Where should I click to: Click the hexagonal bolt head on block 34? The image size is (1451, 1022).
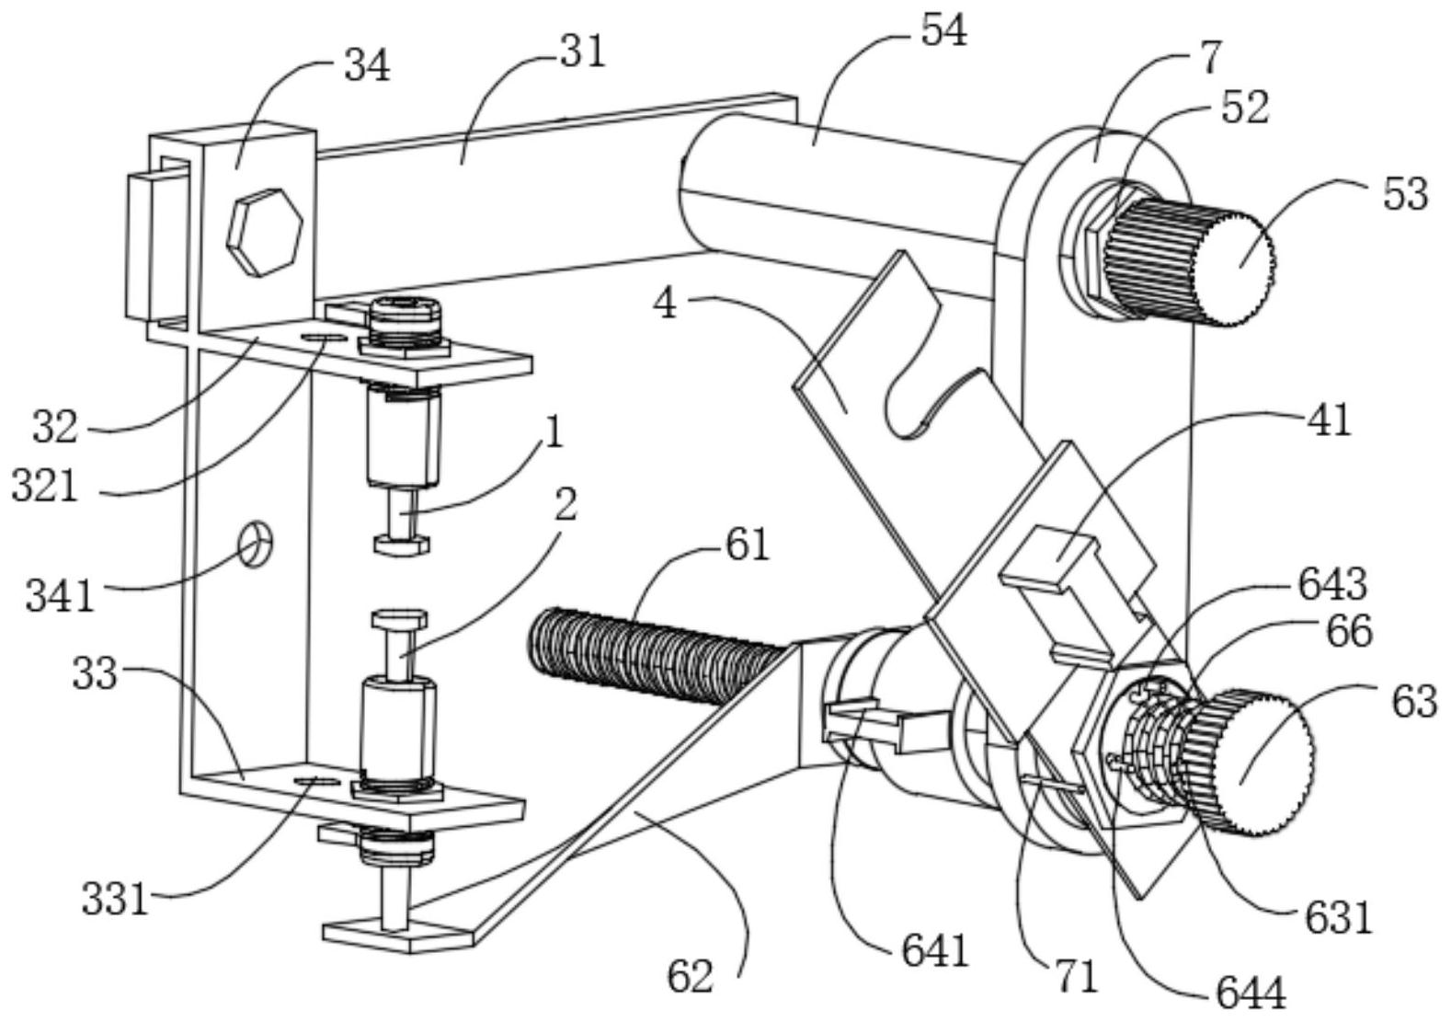[264, 232]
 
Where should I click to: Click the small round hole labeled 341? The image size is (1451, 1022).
[256, 545]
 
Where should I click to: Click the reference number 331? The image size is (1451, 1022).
[115, 899]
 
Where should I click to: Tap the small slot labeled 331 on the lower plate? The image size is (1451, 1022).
[315, 781]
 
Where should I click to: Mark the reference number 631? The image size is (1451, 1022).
[1338, 916]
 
